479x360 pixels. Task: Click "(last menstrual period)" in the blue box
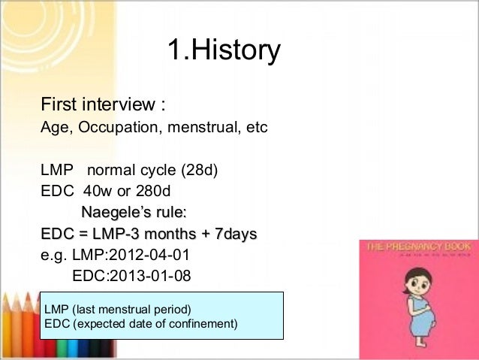[x=132, y=310]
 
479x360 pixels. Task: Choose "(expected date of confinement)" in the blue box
[x=152, y=324]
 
